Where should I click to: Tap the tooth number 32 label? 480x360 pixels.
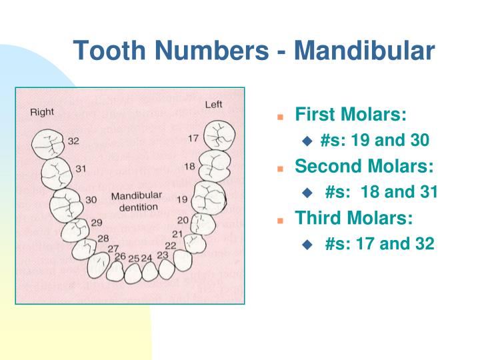(x=73, y=141)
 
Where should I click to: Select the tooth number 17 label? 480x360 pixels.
(x=193, y=139)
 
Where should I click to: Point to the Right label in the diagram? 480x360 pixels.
(x=42, y=112)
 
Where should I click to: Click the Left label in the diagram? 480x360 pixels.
(x=213, y=105)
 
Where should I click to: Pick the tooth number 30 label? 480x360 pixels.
(x=91, y=199)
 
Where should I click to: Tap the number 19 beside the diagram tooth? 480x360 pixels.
(x=182, y=199)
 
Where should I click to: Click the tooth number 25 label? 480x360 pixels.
(x=134, y=258)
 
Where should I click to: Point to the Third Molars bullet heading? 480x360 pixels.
(x=354, y=217)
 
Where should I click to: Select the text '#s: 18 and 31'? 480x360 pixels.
(x=381, y=192)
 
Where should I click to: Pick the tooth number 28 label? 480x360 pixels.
(x=103, y=238)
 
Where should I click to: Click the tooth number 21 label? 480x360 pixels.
(x=177, y=233)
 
